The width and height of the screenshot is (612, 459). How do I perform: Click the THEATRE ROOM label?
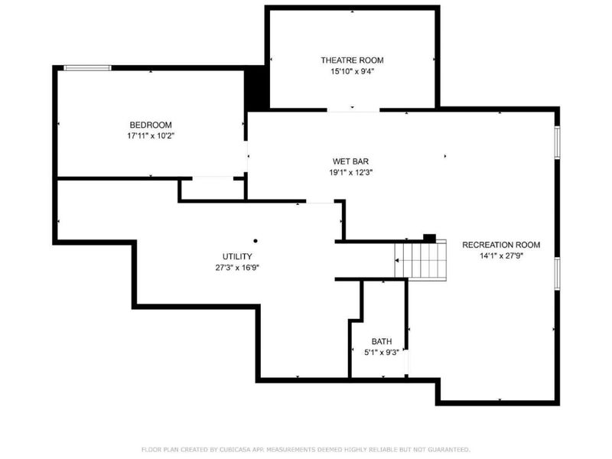pos(351,60)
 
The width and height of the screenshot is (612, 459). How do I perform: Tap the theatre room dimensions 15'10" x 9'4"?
pos(351,71)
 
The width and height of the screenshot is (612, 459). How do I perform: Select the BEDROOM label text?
pos(150,125)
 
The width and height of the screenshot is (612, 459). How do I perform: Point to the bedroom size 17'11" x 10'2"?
pos(150,135)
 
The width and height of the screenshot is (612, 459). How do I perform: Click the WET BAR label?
pos(350,161)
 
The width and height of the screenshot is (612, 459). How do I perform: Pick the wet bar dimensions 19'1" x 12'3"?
pos(350,172)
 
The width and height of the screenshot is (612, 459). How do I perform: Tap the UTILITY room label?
pos(237,256)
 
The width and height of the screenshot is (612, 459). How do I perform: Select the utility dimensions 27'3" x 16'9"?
pos(237,268)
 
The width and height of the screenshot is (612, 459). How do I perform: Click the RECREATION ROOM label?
pos(501,245)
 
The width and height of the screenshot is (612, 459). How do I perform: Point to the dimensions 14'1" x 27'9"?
pos(501,256)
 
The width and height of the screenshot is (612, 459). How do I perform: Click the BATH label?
pos(381,341)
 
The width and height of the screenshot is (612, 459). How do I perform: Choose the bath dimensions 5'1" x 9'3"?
pos(381,353)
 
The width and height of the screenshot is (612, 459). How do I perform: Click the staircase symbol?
pos(420,259)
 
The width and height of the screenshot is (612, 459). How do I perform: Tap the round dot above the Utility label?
pos(256,240)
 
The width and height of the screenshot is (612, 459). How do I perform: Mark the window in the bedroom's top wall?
pos(87,68)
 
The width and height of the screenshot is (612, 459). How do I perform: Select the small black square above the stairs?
pos(429,237)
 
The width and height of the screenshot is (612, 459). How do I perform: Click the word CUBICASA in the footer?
pos(227,449)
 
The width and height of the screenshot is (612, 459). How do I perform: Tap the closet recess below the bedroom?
pos(212,189)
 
